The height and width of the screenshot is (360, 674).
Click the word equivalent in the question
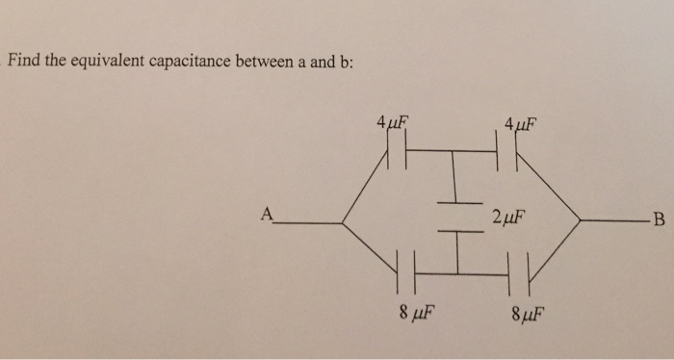(105, 62)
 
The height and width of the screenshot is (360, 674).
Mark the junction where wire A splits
(343, 223)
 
